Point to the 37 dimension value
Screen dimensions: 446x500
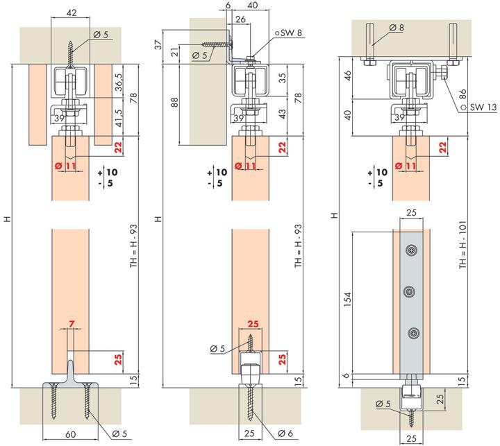tap(158, 45)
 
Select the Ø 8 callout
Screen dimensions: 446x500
tap(399, 27)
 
